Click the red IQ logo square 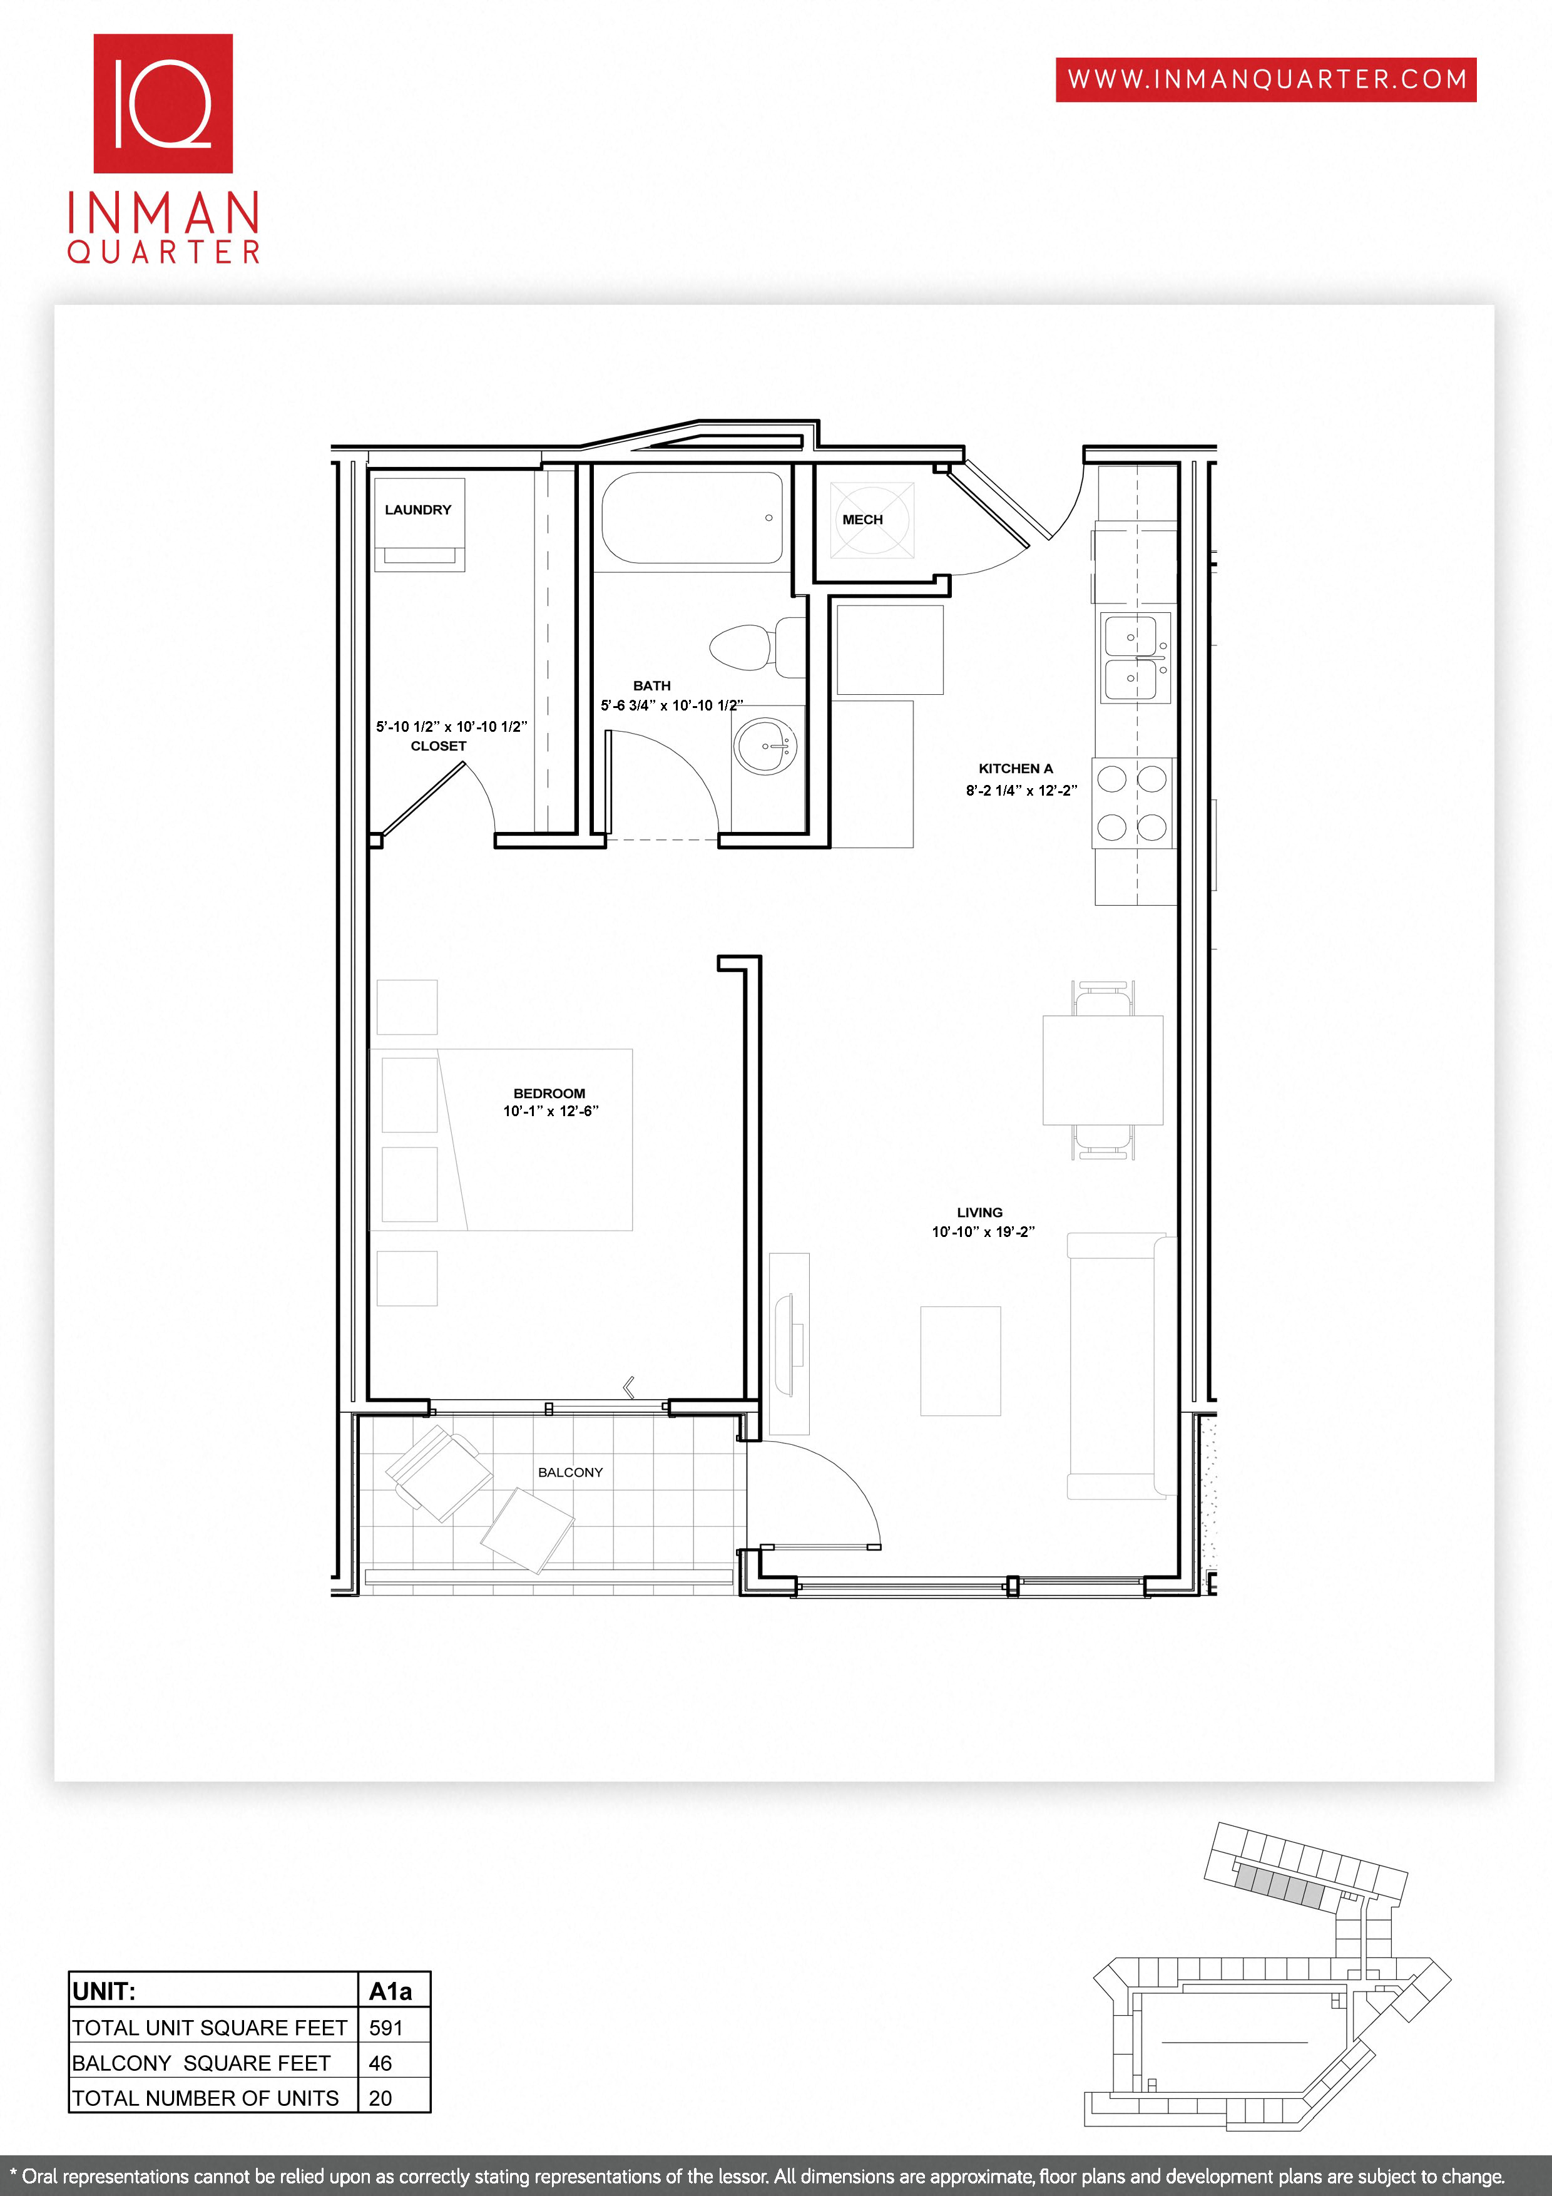(x=163, y=103)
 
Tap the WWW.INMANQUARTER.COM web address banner (x=1265, y=80)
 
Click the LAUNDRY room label (x=418, y=510)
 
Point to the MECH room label (x=862, y=520)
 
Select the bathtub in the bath (x=692, y=518)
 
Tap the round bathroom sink (x=765, y=746)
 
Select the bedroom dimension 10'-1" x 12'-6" (x=551, y=1111)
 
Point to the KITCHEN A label (x=1016, y=768)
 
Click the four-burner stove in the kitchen (x=1132, y=803)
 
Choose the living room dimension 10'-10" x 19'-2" (x=983, y=1232)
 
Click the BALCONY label (x=570, y=1472)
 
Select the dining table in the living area (x=1103, y=1069)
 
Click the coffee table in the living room (x=960, y=1360)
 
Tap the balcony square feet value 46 (x=380, y=2063)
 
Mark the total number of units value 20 (x=380, y=2098)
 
